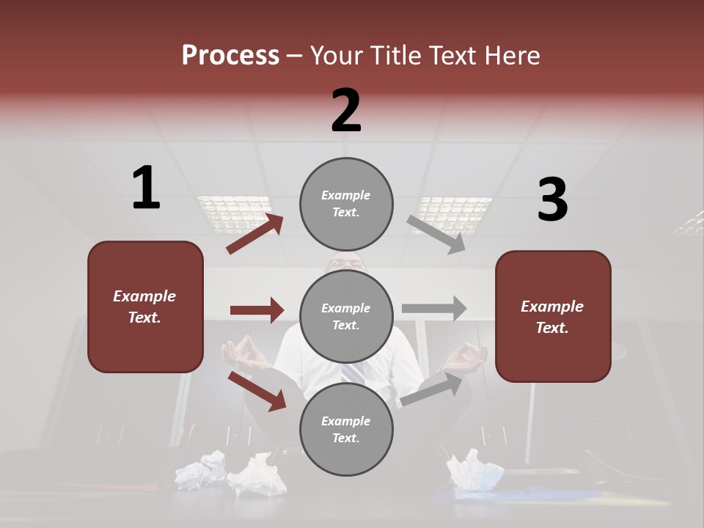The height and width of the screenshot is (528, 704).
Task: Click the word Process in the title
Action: point(230,56)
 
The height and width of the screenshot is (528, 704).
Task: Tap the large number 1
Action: point(146,188)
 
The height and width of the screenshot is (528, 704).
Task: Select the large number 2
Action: point(346,111)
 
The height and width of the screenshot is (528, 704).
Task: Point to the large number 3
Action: point(552,200)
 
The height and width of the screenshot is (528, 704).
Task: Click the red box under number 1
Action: point(145,307)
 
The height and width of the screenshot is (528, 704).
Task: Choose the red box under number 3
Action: point(553,316)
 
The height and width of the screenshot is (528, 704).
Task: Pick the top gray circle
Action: point(346,204)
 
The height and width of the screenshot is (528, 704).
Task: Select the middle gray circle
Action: point(346,316)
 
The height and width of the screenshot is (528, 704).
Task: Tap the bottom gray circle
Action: point(346,429)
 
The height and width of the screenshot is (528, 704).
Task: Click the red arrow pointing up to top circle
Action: point(255,233)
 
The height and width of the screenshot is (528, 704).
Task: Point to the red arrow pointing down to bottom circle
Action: point(257,390)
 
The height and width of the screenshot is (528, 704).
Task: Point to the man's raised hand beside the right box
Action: point(465,357)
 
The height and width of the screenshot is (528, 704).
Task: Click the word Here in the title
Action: point(513,56)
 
